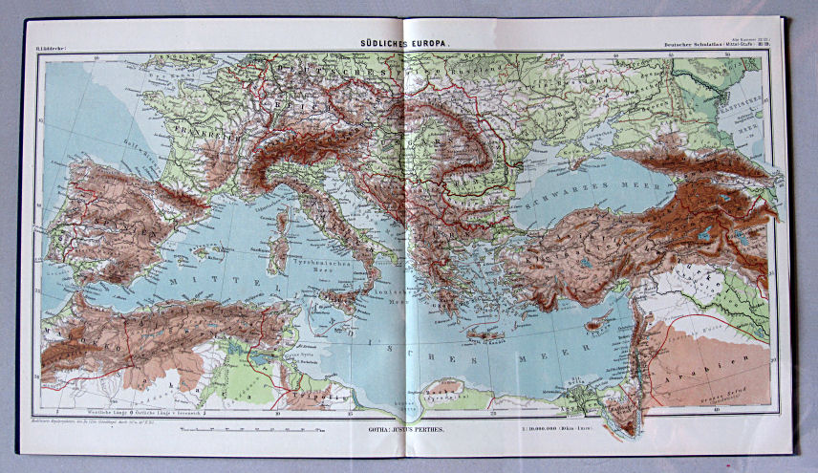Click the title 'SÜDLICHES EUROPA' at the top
coord(408,42)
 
